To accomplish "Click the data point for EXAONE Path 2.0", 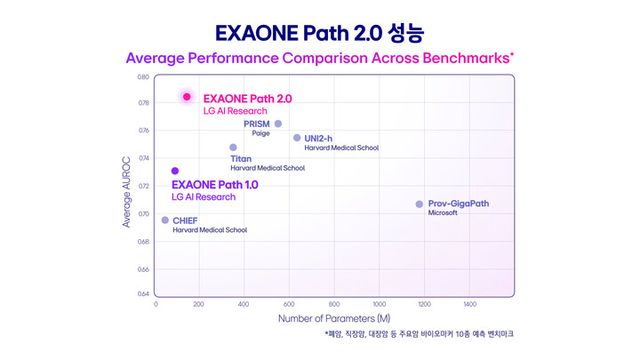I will [186, 97].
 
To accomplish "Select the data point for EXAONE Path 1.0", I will [175, 171].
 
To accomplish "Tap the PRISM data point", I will [278, 124].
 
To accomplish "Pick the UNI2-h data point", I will [297, 138].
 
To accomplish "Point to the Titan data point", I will [233, 147].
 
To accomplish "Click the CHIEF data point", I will [165, 220].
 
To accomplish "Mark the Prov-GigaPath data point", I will [420, 204].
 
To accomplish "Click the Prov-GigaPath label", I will [465, 203].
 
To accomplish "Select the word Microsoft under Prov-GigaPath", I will [442, 213].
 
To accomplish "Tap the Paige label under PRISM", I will [260, 133].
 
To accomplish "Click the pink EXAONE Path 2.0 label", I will [248, 99].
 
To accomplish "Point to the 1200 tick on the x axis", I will [424, 303].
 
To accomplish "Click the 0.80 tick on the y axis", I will [142, 77].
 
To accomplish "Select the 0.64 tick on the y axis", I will [142, 293].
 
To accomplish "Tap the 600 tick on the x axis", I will [288, 303].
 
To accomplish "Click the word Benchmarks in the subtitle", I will [459, 57].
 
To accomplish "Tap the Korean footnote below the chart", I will [419, 333].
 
